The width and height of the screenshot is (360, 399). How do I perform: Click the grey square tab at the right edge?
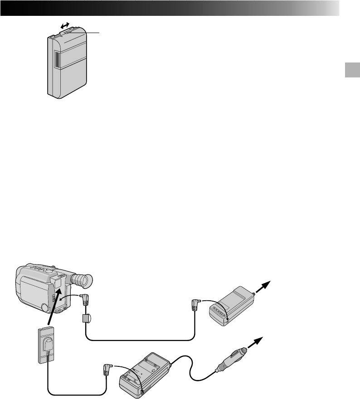tap(351, 70)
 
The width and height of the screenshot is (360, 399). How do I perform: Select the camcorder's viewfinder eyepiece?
tap(85, 281)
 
